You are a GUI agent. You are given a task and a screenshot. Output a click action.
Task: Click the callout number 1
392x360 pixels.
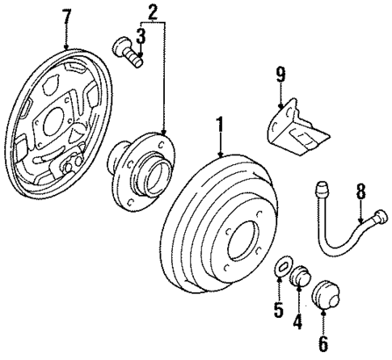click(x=219, y=126)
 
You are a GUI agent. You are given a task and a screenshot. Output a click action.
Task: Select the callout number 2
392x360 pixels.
click(x=152, y=11)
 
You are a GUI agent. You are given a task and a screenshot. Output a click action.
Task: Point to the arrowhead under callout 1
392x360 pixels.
click(x=220, y=156)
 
